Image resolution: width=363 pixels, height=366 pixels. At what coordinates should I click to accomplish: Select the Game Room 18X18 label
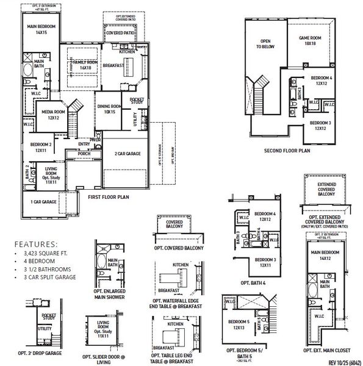310,40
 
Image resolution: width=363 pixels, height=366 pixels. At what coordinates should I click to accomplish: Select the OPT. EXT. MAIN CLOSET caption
328,351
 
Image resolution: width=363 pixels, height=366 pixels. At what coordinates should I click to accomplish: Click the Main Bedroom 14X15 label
41,30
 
